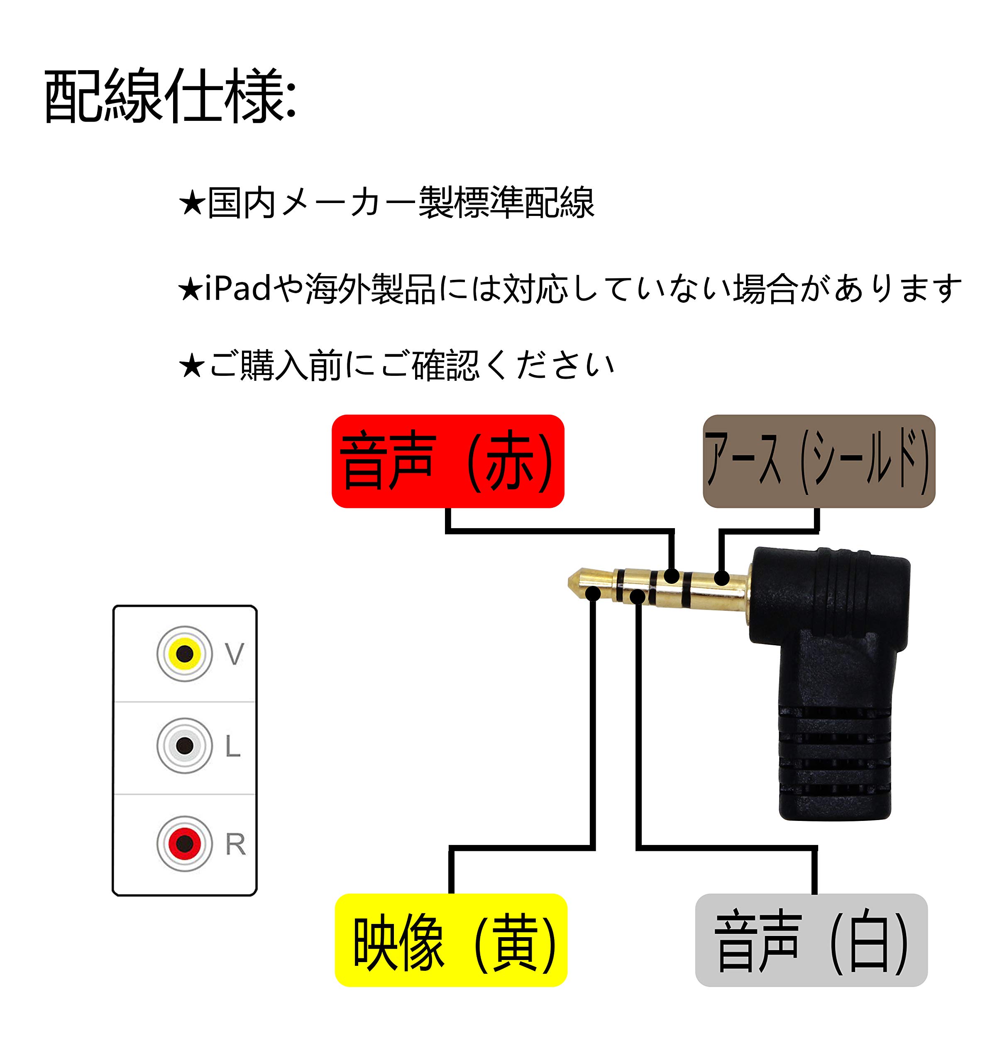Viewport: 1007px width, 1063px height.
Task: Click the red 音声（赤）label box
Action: tap(448, 461)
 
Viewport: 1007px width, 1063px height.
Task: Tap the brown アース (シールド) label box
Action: tap(819, 461)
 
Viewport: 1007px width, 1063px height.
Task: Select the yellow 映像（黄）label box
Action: tap(451, 940)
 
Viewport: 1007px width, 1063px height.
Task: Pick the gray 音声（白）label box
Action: tap(811, 940)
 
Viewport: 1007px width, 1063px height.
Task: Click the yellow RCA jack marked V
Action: tap(185, 654)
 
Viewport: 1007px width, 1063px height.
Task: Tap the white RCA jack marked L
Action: tap(185, 745)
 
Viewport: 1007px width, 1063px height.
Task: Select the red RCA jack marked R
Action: tap(185, 843)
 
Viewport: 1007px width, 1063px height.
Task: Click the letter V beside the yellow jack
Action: tap(235, 654)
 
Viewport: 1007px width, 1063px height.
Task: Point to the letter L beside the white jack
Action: tap(233, 746)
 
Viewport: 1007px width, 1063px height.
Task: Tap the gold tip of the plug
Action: tap(577, 583)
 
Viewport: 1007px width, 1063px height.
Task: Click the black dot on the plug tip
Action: tap(593, 593)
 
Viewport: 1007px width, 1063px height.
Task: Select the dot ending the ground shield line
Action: tap(722, 578)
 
